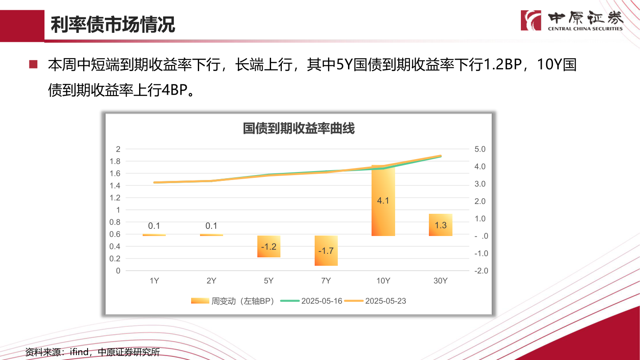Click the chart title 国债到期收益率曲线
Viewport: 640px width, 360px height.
[298, 129]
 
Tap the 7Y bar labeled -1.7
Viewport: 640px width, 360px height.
[326, 251]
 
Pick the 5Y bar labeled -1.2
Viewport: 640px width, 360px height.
[268, 247]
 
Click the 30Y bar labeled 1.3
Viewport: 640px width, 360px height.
[440, 225]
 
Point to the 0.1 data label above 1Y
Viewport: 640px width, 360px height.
[154, 226]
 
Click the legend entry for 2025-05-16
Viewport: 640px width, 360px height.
[312, 301]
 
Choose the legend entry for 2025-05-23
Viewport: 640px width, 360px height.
[376, 301]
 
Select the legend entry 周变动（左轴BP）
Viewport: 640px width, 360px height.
[233, 301]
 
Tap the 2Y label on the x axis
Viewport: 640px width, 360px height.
[212, 281]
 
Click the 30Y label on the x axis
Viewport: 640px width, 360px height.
[440, 281]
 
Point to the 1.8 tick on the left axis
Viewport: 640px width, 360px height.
[115, 161]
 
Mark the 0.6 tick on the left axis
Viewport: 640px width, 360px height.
[115, 234]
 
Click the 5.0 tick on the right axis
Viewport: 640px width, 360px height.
[480, 149]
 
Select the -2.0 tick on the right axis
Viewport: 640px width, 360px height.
[480, 271]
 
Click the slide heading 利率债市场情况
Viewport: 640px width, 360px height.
[113, 25]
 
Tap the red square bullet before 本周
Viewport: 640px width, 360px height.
[33, 65]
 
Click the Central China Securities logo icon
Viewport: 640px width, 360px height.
[531, 20]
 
